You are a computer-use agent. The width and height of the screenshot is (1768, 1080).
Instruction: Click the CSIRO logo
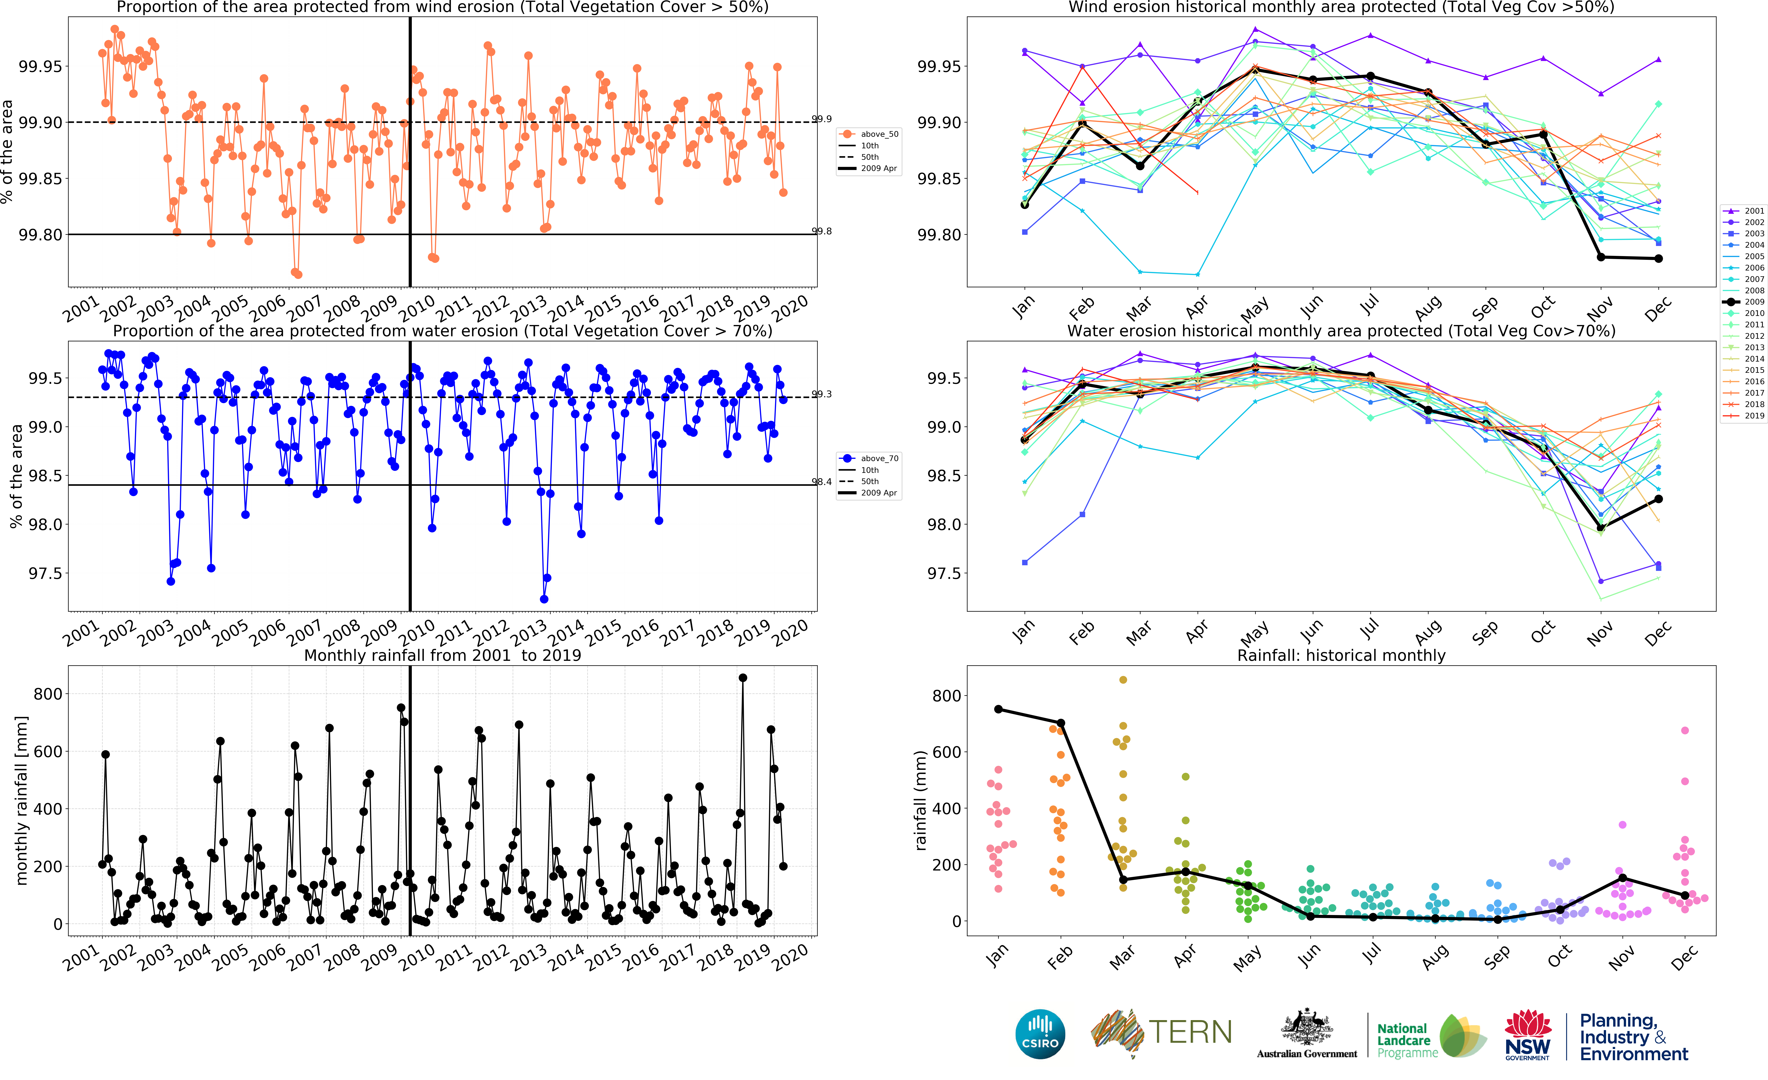(x=1040, y=1034)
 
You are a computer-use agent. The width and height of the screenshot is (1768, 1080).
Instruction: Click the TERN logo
(x=1161, y=1034)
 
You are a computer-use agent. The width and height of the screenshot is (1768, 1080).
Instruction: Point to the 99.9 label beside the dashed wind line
(x=822, y=119)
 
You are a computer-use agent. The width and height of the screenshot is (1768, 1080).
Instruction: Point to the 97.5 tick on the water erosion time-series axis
(x=45, y=573)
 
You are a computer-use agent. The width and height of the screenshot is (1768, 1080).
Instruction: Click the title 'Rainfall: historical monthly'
(x=1341, y=655)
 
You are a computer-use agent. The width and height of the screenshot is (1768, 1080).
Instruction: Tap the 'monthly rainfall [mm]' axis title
(x=22, y=800)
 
